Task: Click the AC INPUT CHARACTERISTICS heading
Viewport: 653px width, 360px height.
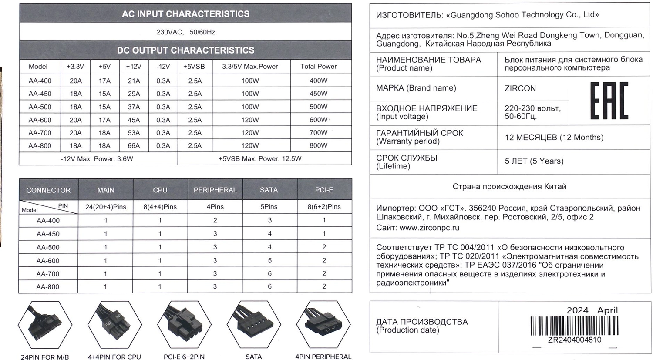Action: (x=185, y=14)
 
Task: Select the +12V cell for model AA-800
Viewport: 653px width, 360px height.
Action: (x=134, y=146)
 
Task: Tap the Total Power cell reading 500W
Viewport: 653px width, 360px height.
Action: (x=318, y=107)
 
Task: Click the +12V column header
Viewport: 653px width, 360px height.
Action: (x=134, y=67)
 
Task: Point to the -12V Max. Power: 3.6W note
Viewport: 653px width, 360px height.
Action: (x=97, y=159)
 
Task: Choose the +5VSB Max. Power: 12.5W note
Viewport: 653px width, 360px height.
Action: (x=260, y=159)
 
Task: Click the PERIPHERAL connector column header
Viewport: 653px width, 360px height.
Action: (x=215, y=190)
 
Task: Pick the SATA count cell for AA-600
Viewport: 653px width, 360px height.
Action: (x=269, y=261)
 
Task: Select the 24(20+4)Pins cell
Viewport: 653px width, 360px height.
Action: (x=106, y=207)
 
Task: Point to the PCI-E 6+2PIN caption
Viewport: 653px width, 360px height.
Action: (x=184, y=357)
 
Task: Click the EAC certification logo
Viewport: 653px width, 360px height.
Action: (x=609, y=101)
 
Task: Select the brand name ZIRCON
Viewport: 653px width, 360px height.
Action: (x=520, y=88)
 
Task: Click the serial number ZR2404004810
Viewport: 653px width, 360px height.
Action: (x=574, y=340)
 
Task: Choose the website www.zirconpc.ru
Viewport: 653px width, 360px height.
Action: (x=429, y=228)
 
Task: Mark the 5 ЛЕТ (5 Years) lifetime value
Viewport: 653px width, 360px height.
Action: (x=534, y=161)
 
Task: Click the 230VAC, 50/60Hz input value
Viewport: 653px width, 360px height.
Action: (x=185, y=32)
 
